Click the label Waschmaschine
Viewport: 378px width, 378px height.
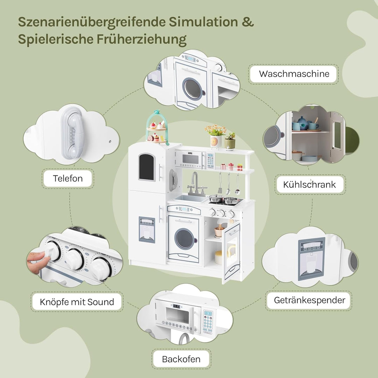tap(294, 74)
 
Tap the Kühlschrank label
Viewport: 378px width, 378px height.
tap(309, 184)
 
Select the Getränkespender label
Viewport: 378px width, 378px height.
tap(309, 300)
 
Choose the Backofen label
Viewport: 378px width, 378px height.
tap(181, 359)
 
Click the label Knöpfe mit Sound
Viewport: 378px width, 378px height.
tap(77, 302)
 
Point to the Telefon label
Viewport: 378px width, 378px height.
tap(68, 178)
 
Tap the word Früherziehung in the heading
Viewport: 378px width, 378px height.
tap(141, 39)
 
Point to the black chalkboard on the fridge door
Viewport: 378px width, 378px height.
tap(147, 167)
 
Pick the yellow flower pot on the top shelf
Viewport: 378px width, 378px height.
tap(215, 141)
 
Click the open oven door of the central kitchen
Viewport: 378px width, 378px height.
tap(232, 252)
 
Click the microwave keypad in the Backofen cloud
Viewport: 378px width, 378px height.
tap(208, 319)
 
